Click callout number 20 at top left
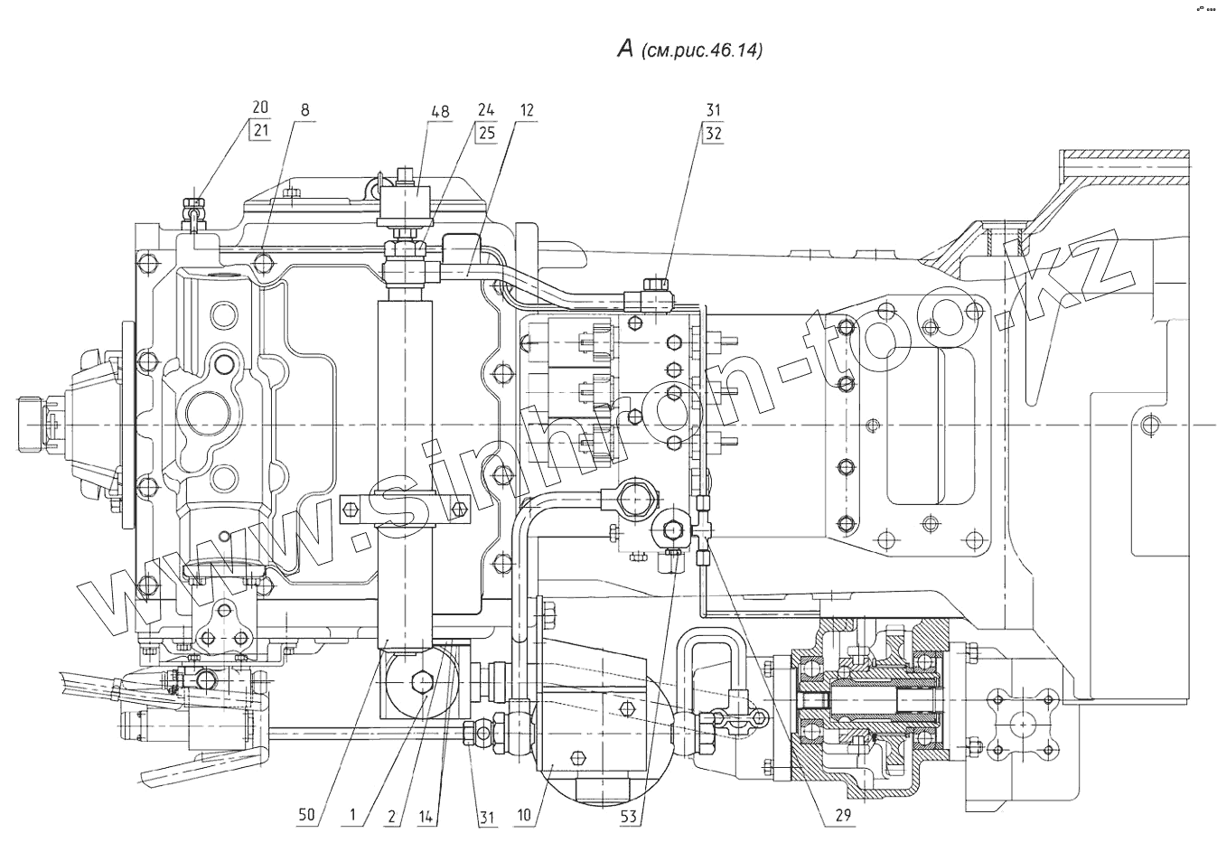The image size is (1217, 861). click(260, 108)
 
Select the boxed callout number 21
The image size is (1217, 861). click(261, 132)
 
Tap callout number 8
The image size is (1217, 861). click(304, 110)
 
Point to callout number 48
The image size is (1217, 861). click(441, 111)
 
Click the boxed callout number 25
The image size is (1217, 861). click(487, 133)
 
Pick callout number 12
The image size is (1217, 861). click(526, 110)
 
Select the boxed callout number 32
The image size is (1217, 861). click(713, 134)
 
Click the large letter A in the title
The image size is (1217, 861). click(625, 50)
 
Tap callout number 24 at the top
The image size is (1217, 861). click(486, 110)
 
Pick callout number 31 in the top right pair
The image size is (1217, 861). click(713, 110)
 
